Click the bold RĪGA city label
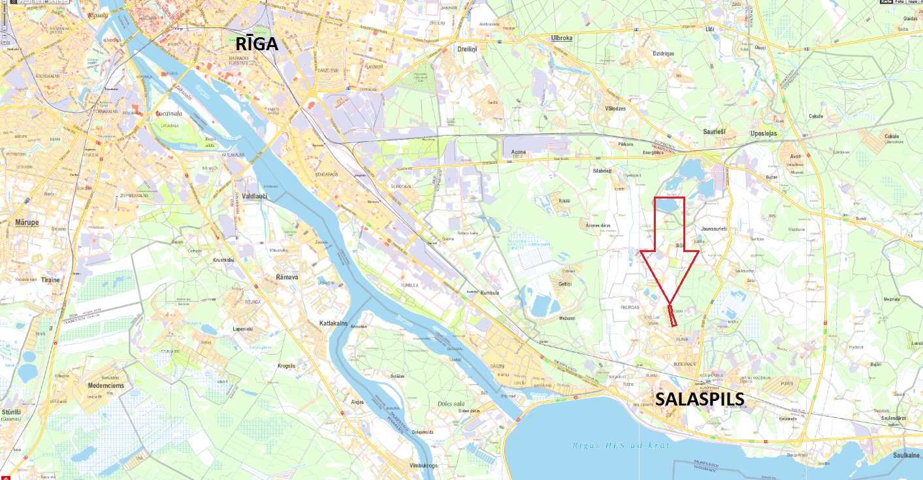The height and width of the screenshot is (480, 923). click(x=257, y=44)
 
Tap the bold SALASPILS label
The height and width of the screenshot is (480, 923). click(x=700, y=399)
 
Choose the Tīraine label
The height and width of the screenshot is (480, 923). click(x=50, y=280)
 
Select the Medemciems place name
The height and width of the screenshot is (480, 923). click(x=106, y=385)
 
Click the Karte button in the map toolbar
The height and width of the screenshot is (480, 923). click(x=886, y=2)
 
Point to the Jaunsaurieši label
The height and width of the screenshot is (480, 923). click(x=713, y=229)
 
